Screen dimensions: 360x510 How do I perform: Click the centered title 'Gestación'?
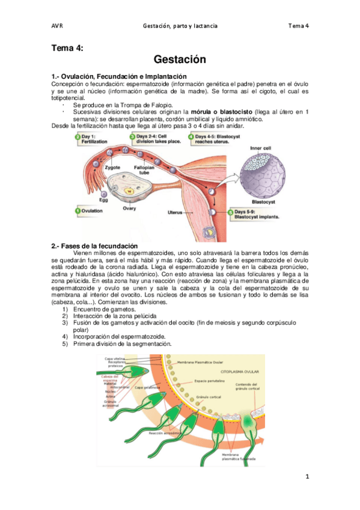[x=180, y=60]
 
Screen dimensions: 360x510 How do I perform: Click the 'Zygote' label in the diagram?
[x=112, y=168]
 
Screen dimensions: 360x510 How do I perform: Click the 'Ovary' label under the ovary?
[x=129, y=208]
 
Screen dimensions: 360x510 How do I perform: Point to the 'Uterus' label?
[x=174, y=212]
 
